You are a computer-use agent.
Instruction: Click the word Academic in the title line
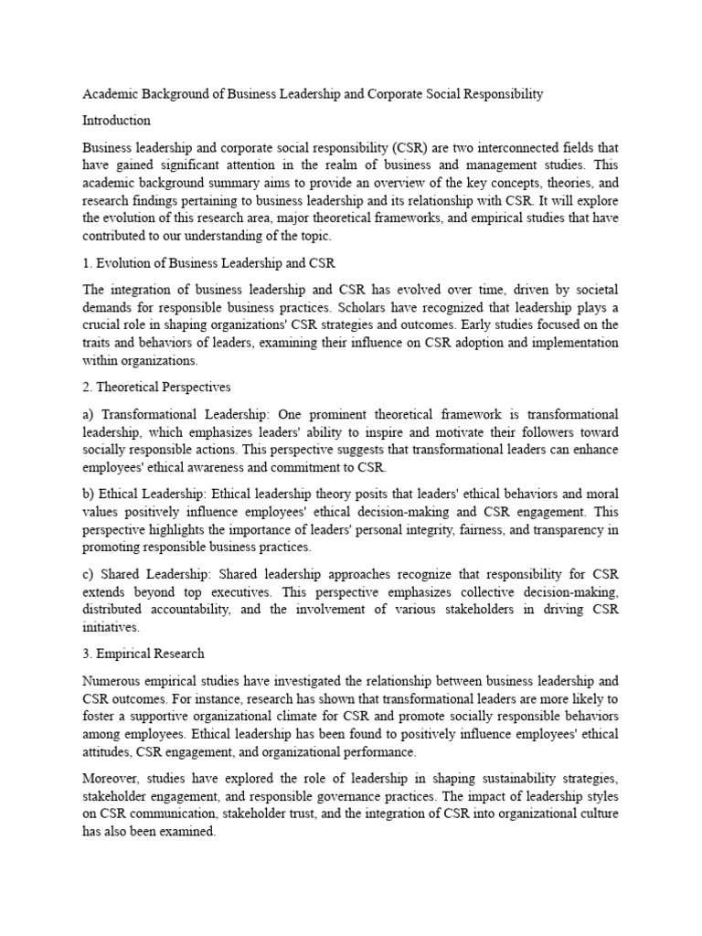pos(110,94)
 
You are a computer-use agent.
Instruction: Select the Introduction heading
pos(116,120)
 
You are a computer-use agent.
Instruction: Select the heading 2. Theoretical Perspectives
pos(156,388)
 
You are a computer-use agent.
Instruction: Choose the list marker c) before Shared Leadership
pos(89,574)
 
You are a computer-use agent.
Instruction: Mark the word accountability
pos(212,609)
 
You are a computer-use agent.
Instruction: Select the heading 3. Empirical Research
pos(144,654)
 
